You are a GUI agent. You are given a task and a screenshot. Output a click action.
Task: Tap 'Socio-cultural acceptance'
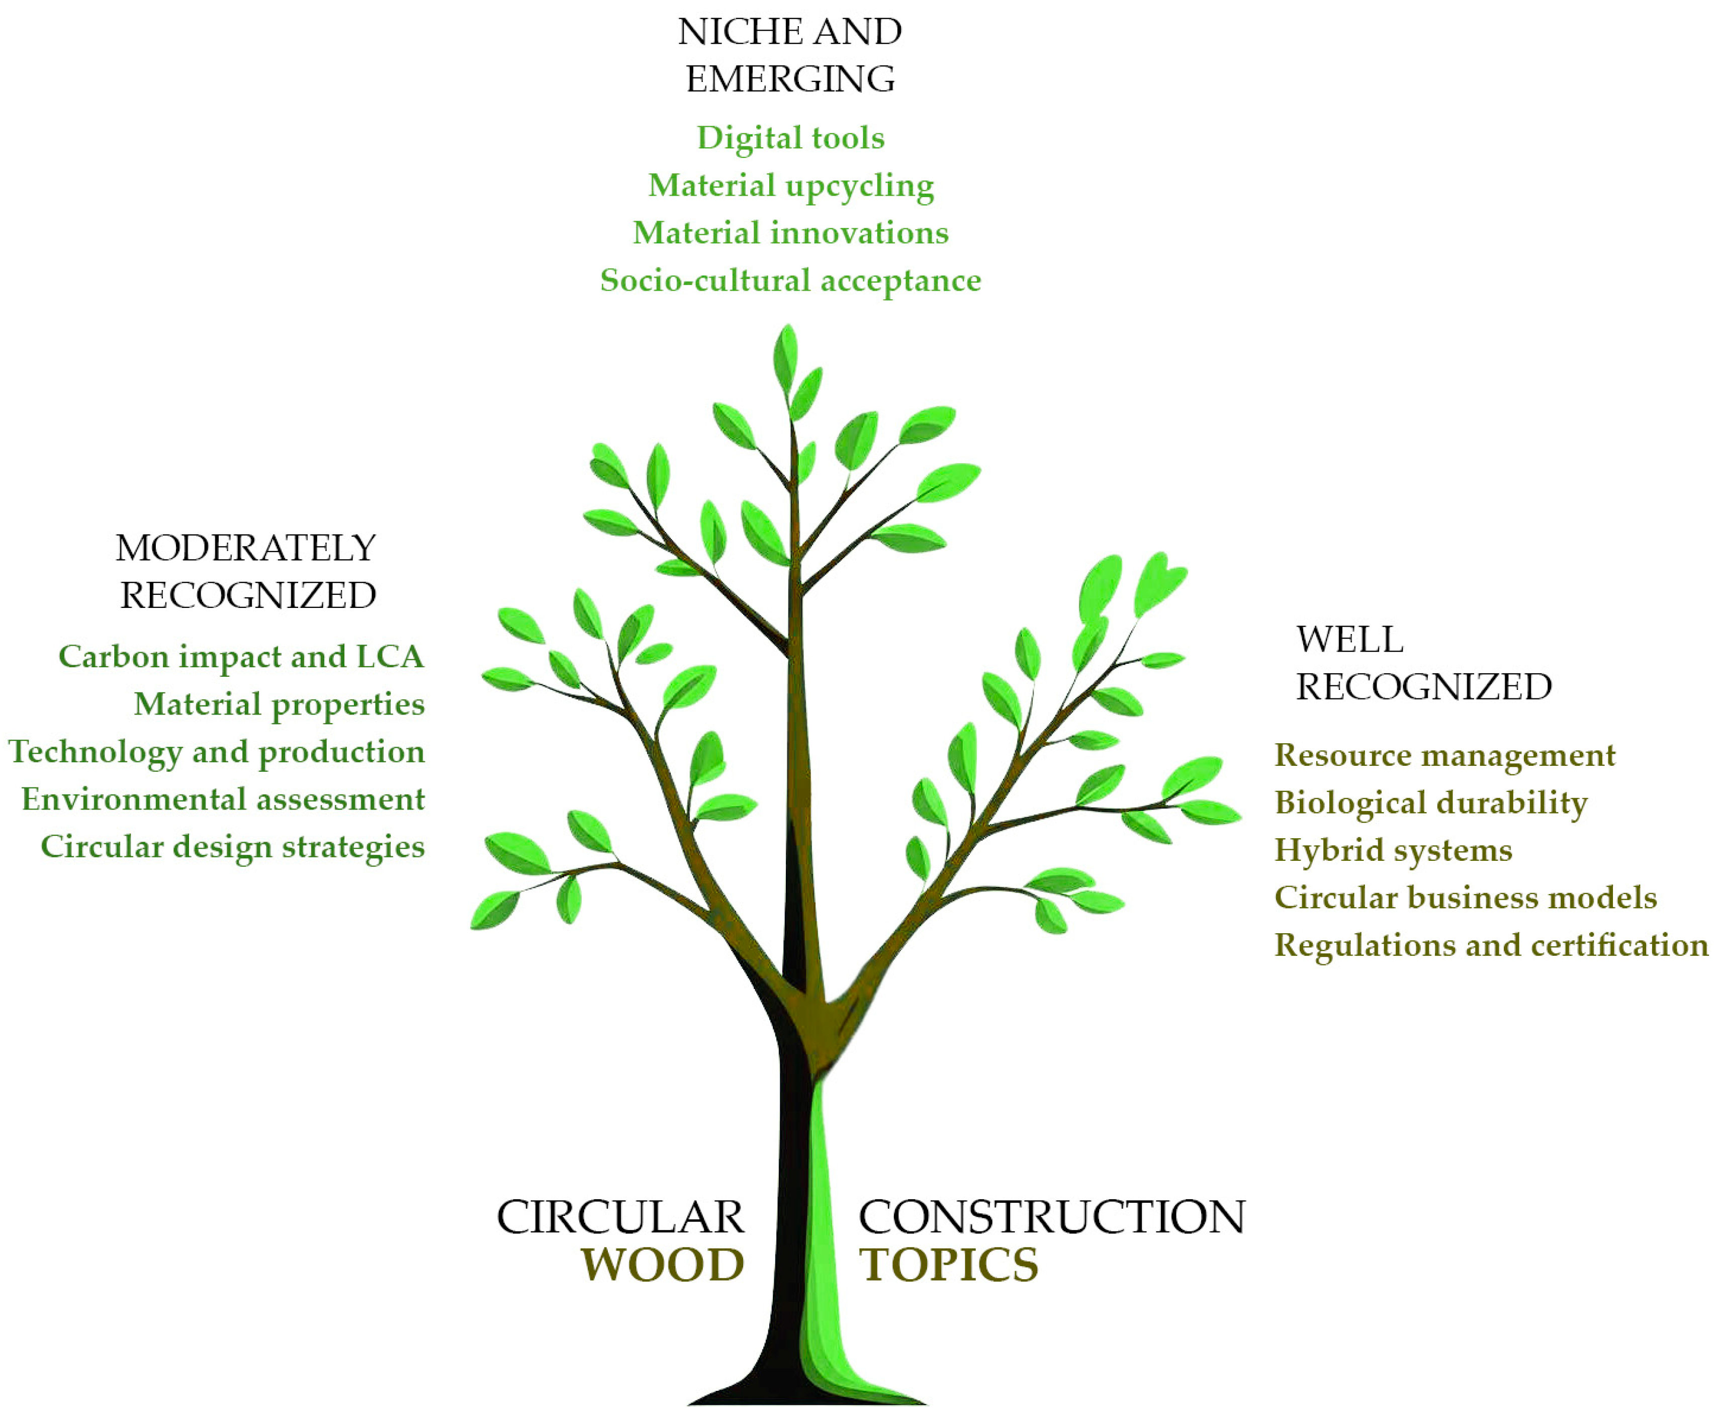point(790,281)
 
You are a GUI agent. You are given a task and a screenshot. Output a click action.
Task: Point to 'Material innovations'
point(790,233)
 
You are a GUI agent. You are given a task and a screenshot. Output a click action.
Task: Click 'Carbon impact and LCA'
point(241,657)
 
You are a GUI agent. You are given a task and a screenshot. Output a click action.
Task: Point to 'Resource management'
point(1444,755)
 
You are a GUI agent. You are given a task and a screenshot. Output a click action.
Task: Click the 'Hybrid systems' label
point(1393,850)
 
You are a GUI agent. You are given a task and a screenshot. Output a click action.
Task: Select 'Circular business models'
point(1465,898)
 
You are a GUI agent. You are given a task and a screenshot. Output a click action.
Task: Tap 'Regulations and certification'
point(1491,945)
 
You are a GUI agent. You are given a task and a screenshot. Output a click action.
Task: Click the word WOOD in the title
point(662,1265)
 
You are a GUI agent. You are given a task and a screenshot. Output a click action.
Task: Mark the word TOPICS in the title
point(948,1265)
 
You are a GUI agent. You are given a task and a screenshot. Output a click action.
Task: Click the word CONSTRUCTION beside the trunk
point(1051,1217)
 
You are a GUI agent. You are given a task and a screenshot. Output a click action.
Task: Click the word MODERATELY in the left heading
point(245,548)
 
